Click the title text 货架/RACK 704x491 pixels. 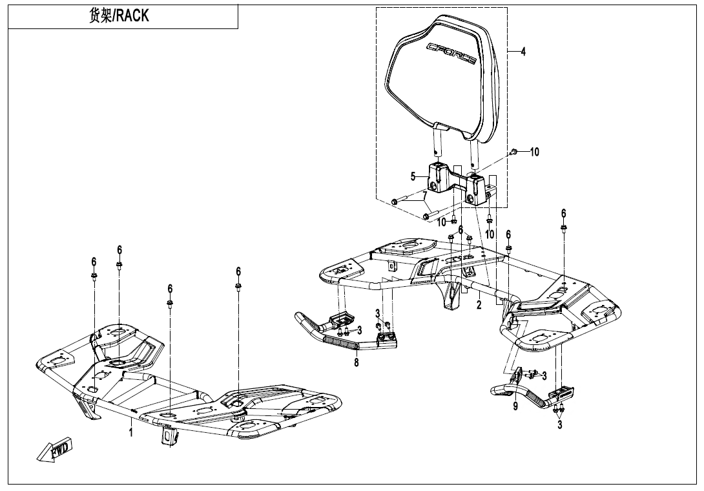119,17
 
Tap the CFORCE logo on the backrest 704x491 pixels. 451,53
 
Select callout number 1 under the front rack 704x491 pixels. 130,432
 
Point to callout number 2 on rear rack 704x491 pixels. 479,306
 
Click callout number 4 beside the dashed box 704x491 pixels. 523,52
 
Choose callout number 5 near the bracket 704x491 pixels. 413,175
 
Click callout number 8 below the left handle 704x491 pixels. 356,362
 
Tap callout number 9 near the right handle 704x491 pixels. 515,406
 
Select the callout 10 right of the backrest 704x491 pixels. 534,152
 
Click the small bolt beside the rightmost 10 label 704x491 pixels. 513,151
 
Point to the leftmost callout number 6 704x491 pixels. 94,262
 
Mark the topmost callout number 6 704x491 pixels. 564,213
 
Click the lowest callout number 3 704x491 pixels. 560,424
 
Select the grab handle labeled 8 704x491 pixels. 342,333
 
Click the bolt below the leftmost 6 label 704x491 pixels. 94,277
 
